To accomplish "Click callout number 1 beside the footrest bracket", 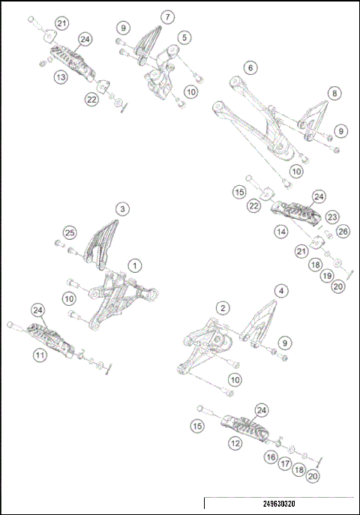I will coord(134,265).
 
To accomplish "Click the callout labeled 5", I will coord(183,36).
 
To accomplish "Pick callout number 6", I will coord(250,67).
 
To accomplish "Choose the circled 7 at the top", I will coord(166,16).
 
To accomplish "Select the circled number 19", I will coord(326,275).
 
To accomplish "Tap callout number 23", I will coord(332,216).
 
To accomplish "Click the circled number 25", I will coord(70,231).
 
